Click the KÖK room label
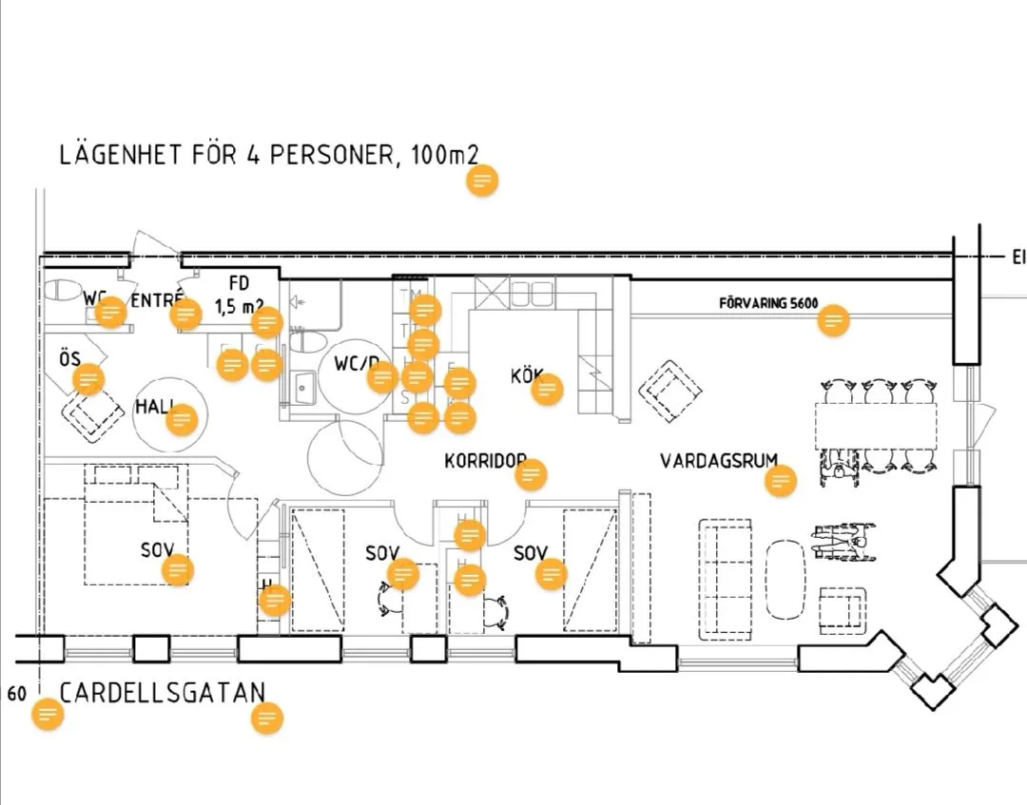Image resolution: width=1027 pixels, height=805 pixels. pyautogui.click(x=525, y=376)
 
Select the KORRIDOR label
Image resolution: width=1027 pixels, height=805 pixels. pyautogui.click(x=483, y=461)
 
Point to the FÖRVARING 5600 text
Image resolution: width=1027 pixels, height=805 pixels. pyautogui.click(x=768, y=303)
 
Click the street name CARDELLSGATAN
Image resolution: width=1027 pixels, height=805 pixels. pyautogui.click(x=163, y=692)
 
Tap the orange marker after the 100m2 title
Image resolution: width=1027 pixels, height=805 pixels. pyautogui.click(x=483, y=181)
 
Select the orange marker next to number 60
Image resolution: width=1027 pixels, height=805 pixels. pyautogui.click(x=48, y=715)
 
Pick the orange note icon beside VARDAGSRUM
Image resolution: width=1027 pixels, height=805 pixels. pyautogui.click(x=781, y=481)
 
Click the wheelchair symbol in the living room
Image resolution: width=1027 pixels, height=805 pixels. pyautogui.click(x=842, y=544)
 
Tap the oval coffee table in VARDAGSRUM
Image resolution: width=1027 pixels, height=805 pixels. pyautogui.click(x=785, y=579)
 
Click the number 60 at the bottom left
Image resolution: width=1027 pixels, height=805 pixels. pyautogui.click(x=17, y=693)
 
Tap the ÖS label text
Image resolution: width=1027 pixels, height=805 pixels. pyautogui.click(x=69, y=359)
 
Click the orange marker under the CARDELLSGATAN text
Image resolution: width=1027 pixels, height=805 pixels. pyautogui.click(x=267, y=719)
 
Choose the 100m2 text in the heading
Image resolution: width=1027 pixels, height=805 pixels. pyautogui.click(x=436, y=155)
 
